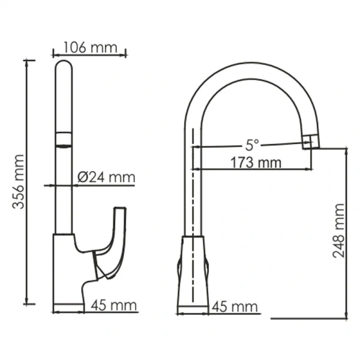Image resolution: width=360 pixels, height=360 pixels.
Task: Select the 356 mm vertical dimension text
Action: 19,181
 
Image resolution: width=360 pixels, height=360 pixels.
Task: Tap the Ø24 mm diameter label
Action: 106,177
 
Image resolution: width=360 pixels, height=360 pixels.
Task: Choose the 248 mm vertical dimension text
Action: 339,231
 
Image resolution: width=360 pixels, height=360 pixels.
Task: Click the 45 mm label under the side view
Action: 114,306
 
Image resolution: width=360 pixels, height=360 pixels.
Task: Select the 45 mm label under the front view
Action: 235,307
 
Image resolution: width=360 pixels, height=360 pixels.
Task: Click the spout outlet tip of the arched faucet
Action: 310,142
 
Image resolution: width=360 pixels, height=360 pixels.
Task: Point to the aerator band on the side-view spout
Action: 64,139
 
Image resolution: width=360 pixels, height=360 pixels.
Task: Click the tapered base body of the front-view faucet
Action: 192,270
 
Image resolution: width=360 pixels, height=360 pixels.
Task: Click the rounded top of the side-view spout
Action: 64,65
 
